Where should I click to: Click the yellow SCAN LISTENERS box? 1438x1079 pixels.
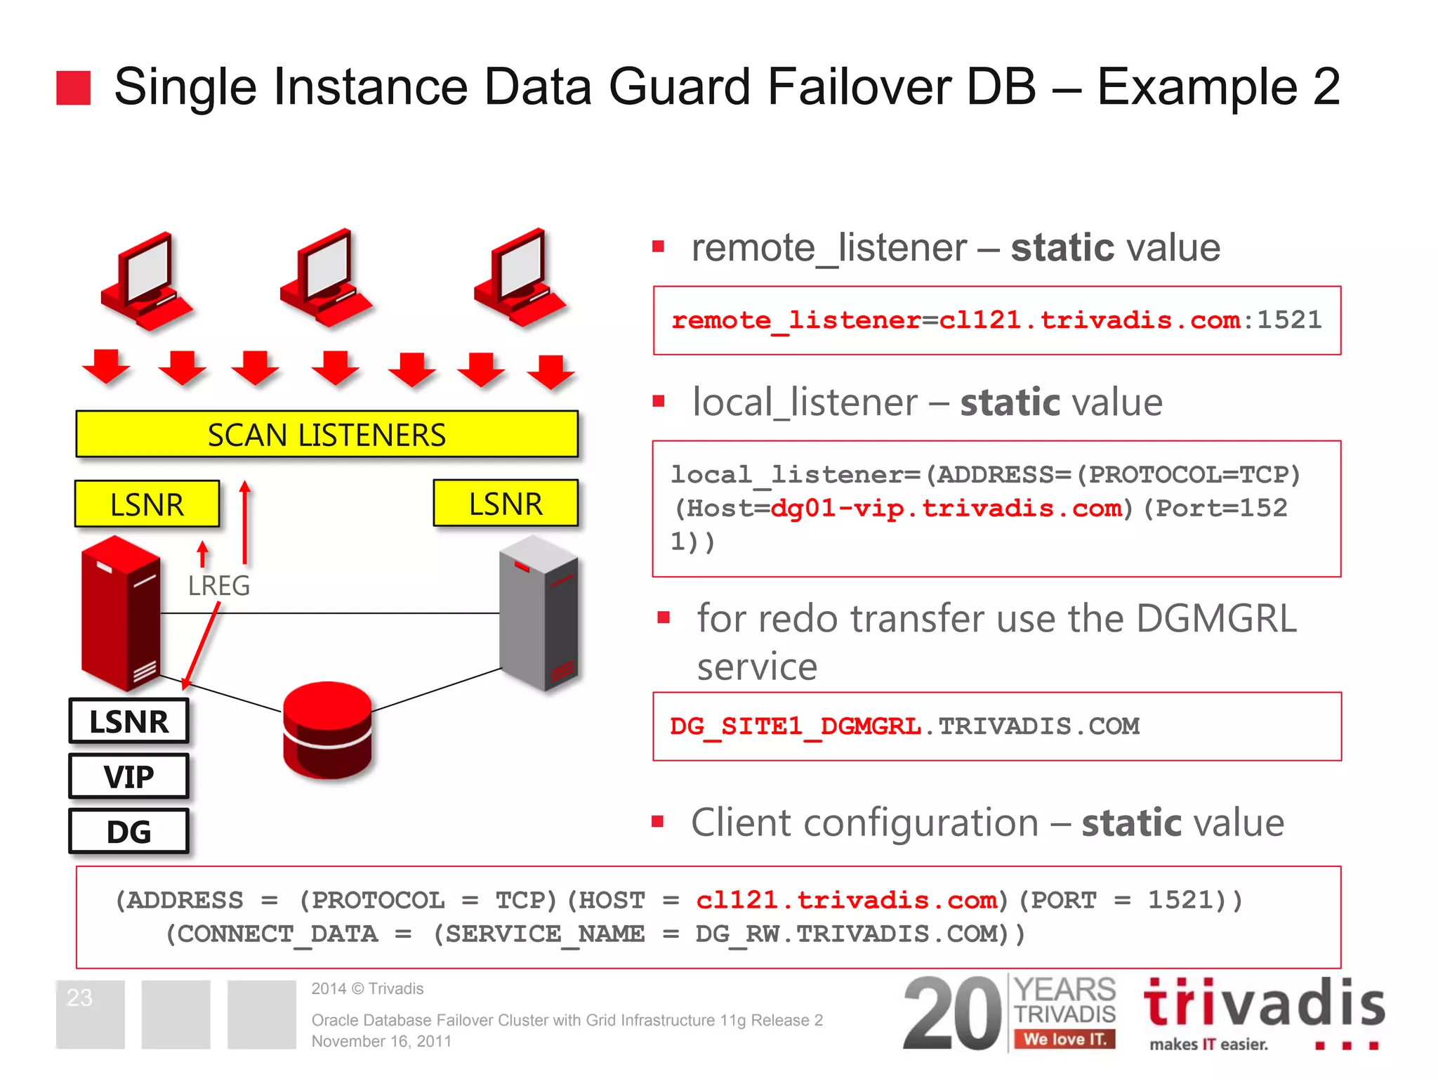pos(326,435)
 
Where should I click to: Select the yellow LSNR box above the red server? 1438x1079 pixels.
pos(147,504)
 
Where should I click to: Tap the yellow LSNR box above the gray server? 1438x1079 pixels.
pos(506,504)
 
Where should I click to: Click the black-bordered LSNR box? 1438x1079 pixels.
pos(129,721)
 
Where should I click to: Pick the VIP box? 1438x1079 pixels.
pos(129,776)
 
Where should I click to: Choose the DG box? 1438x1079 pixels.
pos(129,832)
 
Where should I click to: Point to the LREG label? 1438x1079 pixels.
pos(218,585)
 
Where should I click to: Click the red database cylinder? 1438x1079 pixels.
pos(327,730)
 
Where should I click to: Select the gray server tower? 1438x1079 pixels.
pos(539,613)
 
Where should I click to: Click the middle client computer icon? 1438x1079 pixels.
pos(325,278)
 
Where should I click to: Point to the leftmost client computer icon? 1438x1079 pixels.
pos(146,281)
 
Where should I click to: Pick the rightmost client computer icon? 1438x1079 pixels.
pos(520,278)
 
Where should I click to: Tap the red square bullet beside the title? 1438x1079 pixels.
pos(74,88)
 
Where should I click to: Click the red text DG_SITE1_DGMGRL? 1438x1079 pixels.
pos(795,726)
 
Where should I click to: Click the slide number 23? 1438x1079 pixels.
pos(79,998)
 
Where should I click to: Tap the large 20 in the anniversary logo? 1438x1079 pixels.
pos(951,1013)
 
